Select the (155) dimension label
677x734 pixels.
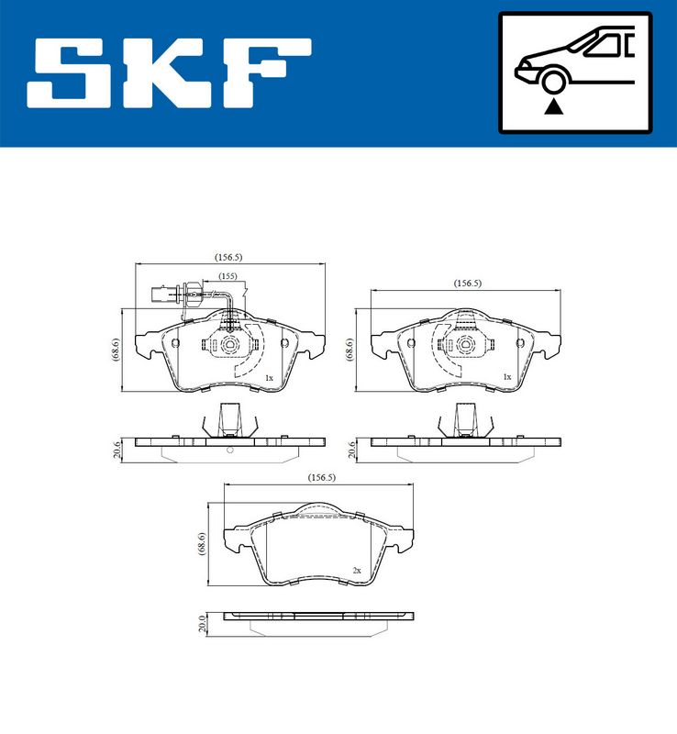coord(228,276)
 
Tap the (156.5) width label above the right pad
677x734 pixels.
coord(468,284)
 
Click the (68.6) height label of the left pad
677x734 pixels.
coord(116,350)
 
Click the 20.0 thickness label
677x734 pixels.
coord(203,625)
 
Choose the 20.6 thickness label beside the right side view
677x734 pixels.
coord(350,449)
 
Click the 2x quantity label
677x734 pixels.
coord(357,570)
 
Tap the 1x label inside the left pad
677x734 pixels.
coord(269,378)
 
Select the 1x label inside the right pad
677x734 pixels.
coord(506,377)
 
